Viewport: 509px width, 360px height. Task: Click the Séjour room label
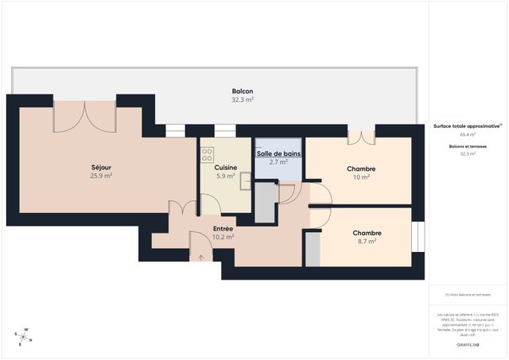[x=101, y=168]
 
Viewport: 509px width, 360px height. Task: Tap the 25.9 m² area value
[x=101, y=176]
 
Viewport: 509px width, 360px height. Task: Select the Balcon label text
[x=243, y=91]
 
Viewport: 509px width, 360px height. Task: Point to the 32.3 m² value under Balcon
[x=243, y=100]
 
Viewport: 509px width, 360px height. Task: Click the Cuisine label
[x=225, y=168]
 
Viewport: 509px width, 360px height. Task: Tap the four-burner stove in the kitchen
[x=208, y=154]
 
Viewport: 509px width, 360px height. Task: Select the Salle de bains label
[x=278, y=153]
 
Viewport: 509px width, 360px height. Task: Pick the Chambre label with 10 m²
[x=361, y=168]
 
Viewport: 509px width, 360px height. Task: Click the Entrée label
[x=223, y=228]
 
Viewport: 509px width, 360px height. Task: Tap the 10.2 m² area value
[x=223, y=237]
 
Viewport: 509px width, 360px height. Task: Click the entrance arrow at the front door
[x=200, y=257]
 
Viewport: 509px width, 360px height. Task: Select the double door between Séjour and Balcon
[x=84, y=116]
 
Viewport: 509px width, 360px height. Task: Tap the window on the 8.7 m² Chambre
[x=419, y=236]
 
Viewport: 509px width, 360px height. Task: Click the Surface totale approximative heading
[x=468, y=126]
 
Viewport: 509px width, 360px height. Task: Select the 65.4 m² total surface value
[x=468, y=135]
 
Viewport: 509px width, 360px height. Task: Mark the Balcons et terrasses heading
[x=468, y=146]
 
